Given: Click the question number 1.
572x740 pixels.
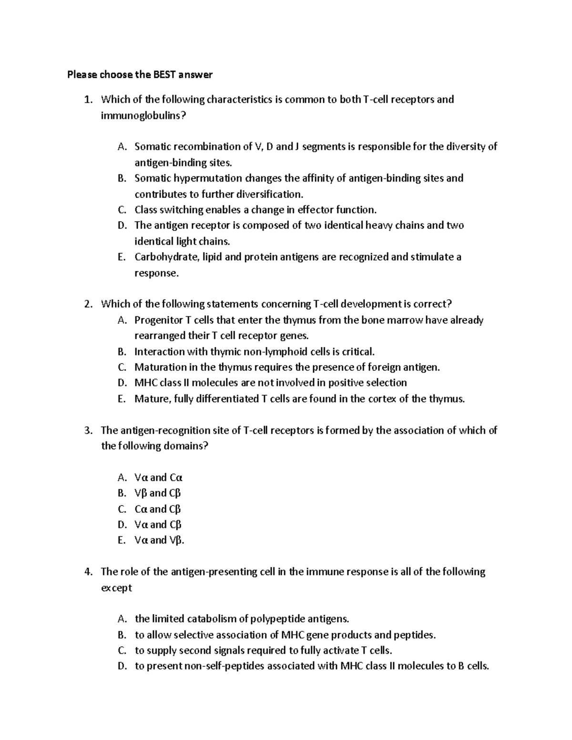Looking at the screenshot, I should [x=87, y=100].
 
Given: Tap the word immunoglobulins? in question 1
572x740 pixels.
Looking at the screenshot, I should [x=142, y=115].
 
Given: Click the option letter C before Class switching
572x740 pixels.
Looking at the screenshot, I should [x=122, y=210].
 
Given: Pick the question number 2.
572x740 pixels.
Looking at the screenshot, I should [x=87, y=304].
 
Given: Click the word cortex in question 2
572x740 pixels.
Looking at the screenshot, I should [x=382, y=399].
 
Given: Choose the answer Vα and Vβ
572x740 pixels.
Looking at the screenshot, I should [x=159, y=540].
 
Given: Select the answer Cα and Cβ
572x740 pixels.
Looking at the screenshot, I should [x=158, y=509].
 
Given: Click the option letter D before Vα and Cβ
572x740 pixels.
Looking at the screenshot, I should [x=122, y=525].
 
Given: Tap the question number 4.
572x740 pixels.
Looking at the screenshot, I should [x=87, y=572].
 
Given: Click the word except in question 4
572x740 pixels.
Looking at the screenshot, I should [x=116, y=588].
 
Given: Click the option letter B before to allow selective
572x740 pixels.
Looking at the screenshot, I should [x=122, y=635].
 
